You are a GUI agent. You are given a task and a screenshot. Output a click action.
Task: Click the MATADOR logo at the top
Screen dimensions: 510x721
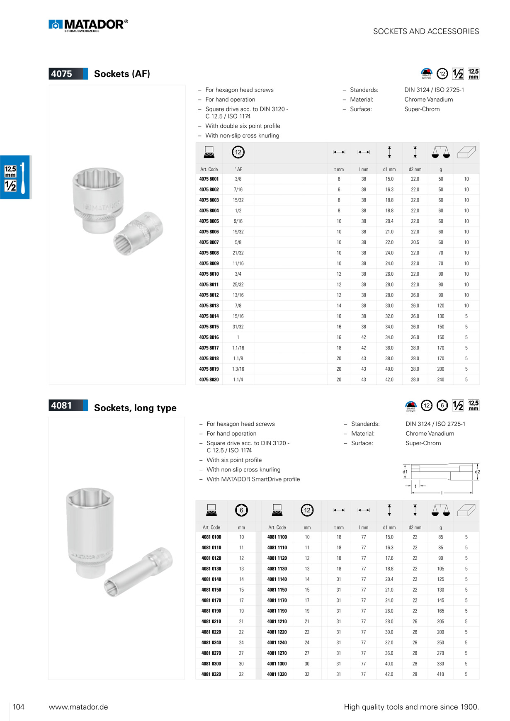pos(88,25)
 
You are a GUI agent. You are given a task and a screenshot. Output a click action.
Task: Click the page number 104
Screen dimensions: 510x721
pos(19,707)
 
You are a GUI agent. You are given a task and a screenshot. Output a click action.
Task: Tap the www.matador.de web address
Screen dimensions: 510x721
pos(78,707)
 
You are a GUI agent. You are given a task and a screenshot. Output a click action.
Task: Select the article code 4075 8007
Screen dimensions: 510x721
pos(209,242)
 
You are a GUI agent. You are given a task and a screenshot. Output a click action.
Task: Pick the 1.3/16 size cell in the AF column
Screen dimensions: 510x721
pos(238,369)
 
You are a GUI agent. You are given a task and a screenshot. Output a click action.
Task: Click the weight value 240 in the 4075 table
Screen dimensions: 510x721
pos(441,379)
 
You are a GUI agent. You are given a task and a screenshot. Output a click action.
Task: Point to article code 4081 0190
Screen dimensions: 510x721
pos(211,611)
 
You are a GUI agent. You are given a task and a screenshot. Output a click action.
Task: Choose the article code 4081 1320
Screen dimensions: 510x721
pos(277,674)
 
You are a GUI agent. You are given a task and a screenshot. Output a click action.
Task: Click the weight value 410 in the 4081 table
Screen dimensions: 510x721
pos(440,674)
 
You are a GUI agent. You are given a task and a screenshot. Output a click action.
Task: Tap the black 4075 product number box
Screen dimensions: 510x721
pos(68,74)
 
